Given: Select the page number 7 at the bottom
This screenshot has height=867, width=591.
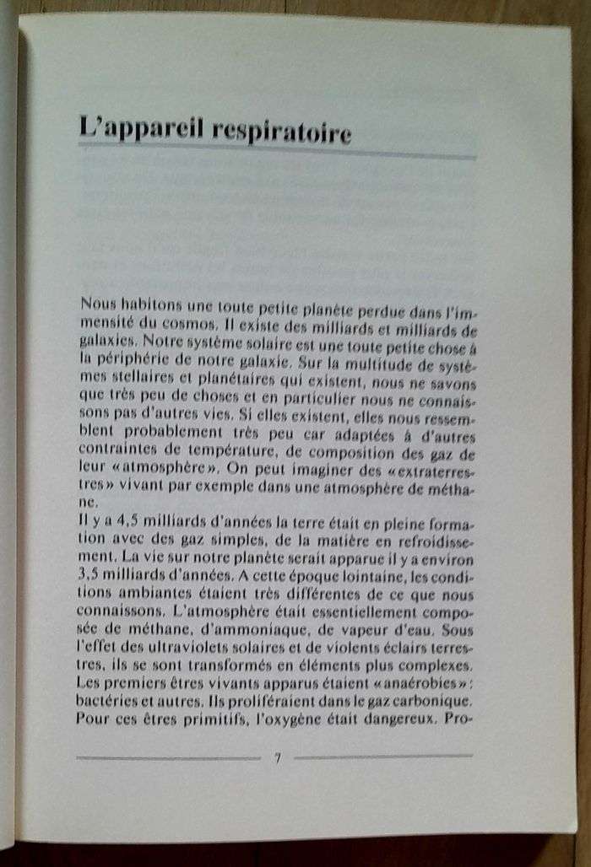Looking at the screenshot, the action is pyautogui.click(x=277, y=756).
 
